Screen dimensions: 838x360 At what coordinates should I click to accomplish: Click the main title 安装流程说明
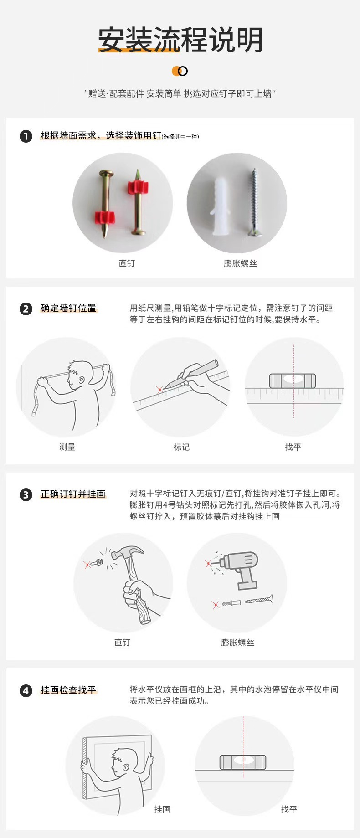[x=180, y=40]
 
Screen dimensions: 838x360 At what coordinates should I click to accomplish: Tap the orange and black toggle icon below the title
[x=180, y=71]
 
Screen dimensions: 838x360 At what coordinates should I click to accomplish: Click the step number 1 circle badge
[x=26, y=136]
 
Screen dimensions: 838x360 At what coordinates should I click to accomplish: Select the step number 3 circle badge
[x=26, y=494]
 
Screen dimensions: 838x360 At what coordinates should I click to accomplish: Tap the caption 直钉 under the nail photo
[x=126, y=263]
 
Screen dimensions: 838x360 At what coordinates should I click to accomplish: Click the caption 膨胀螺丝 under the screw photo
[x=240, y=263]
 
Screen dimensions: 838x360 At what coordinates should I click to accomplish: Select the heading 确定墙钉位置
[x=69, y=308]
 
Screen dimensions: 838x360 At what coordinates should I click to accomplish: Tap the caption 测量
[x=67, y=447]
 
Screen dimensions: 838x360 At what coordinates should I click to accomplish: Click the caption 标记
[x=181, y=447]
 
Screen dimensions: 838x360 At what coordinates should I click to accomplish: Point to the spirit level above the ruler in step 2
[x=292, y=380]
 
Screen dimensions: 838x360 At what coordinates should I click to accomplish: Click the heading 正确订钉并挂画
[x=73, y=494]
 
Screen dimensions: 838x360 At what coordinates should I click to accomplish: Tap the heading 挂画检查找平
[x=69, y=690]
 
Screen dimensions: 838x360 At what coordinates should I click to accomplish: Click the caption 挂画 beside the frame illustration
[x=162, y=809]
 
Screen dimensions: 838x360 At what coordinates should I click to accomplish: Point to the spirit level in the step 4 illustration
[x=242, y=762]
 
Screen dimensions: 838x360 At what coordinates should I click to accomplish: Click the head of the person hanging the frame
[x=123, y=762]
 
